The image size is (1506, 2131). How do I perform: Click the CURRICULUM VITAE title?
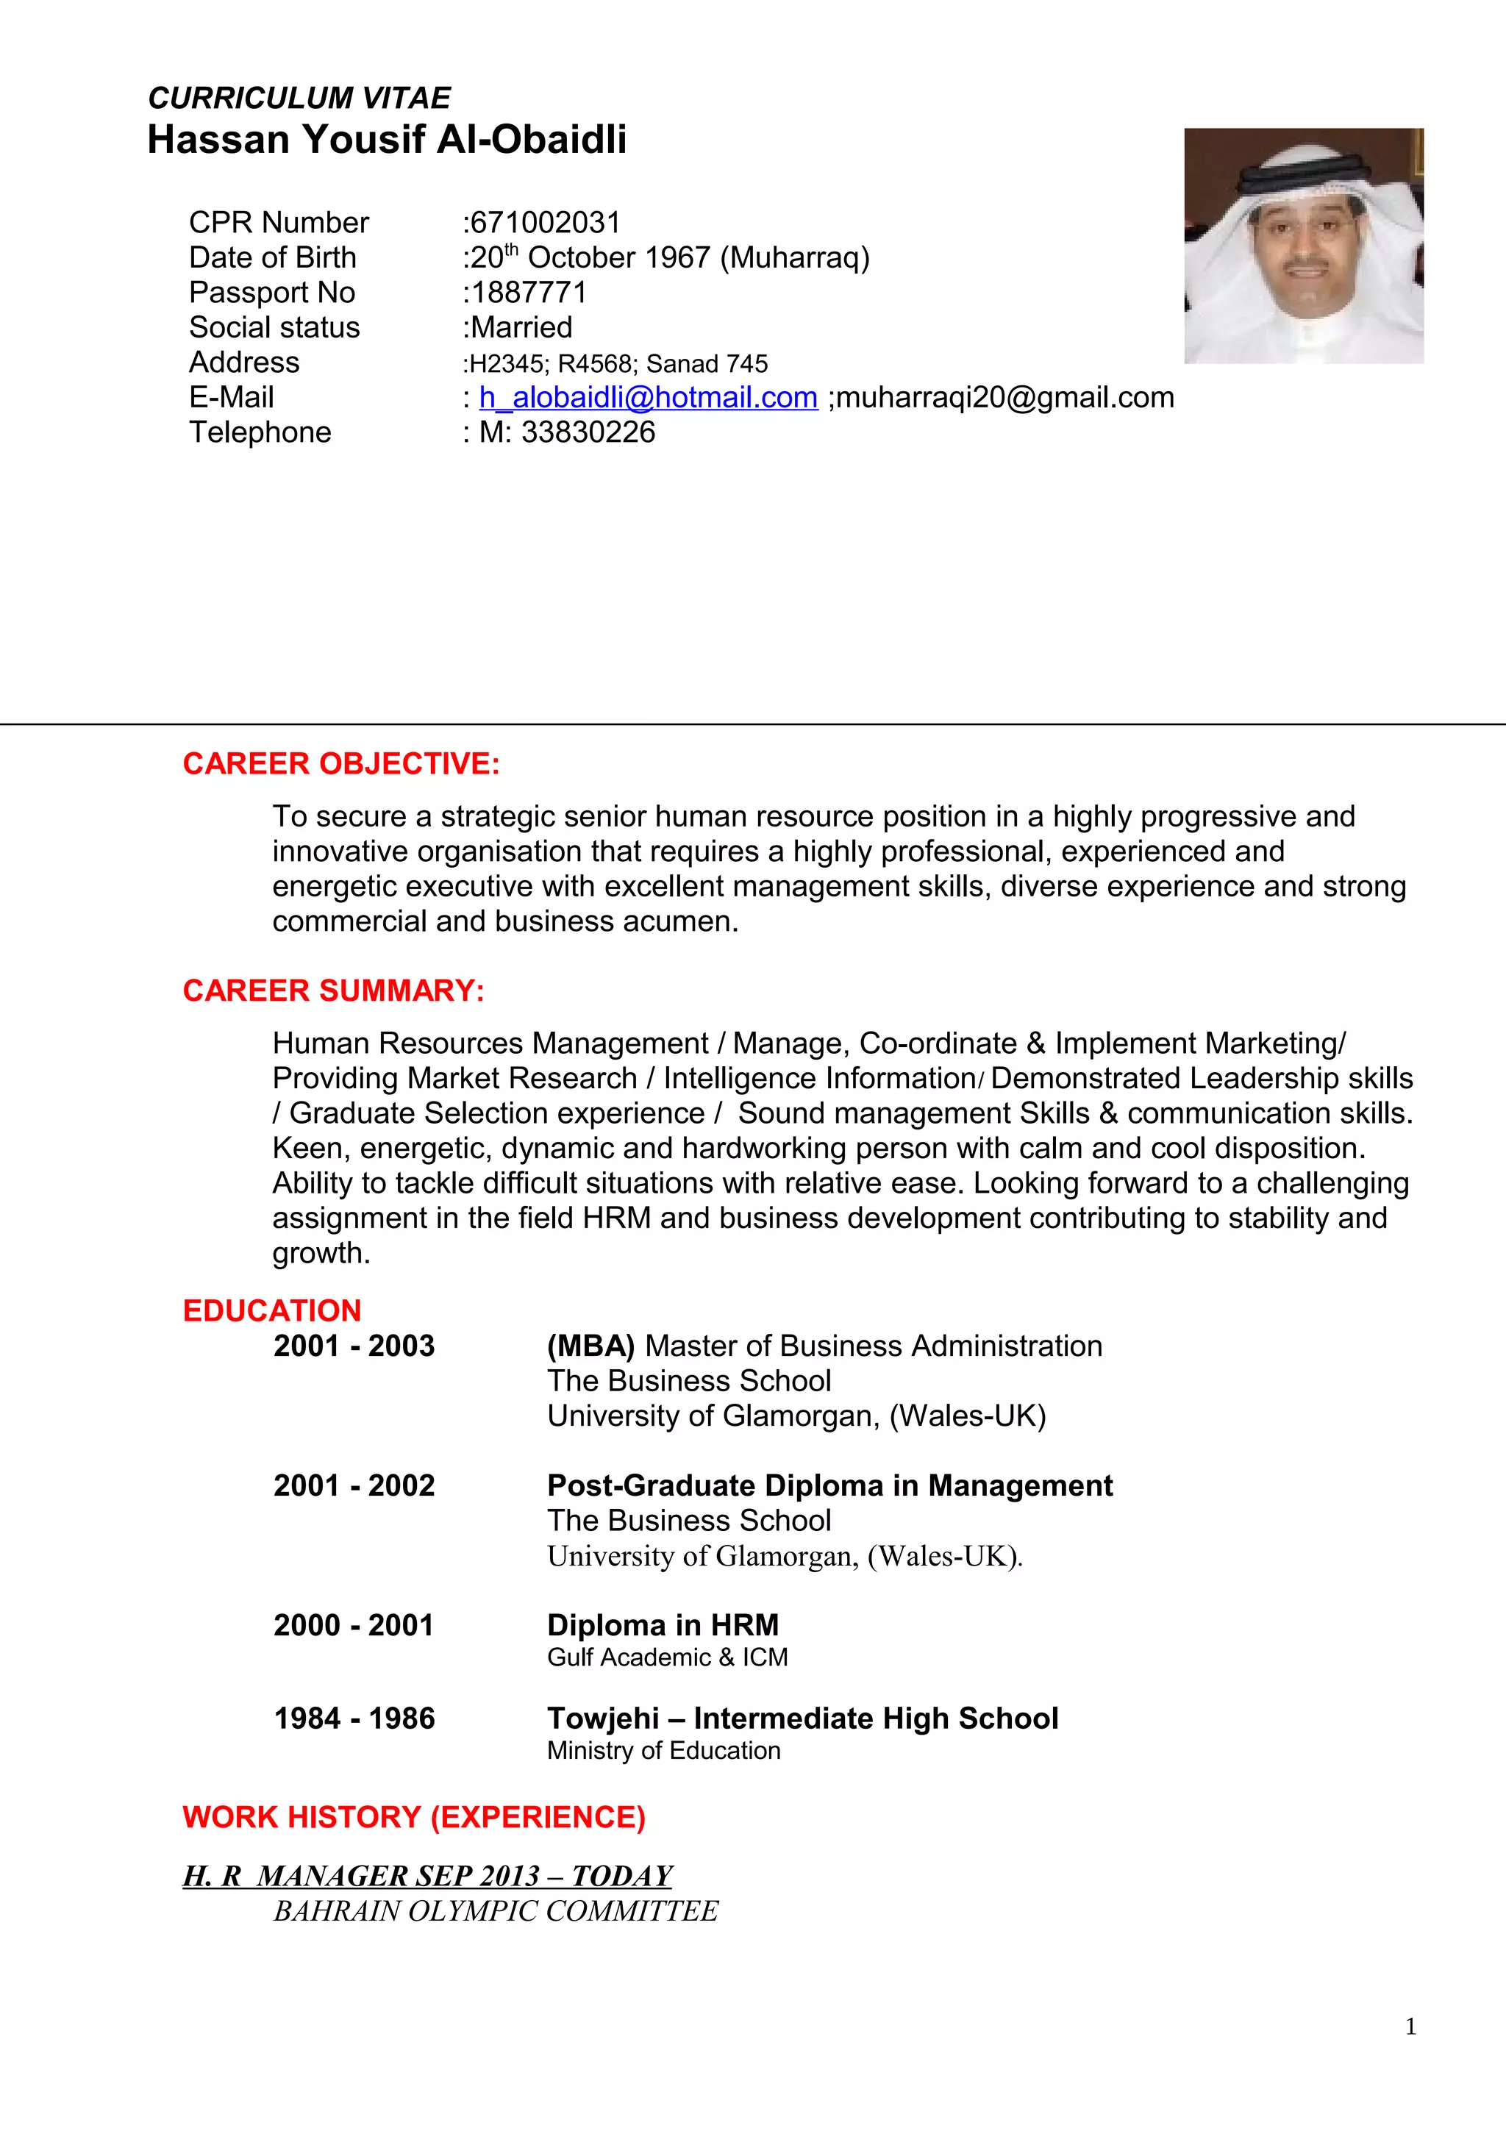pos(299,98)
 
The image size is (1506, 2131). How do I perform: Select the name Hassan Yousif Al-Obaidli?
pos(387,140)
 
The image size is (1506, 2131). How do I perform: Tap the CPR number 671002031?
pos(545,223)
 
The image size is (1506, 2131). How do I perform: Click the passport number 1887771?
pos(528,293)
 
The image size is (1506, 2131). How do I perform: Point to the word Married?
pos(521,328)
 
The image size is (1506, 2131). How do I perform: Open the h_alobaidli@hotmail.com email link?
pos(648,397)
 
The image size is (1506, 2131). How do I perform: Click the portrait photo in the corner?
pos(1303,246)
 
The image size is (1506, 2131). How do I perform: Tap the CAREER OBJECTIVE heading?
pos(340,764)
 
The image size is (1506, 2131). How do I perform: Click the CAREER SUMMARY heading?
pos(333,990)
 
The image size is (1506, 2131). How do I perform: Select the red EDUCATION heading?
pos(272,1310)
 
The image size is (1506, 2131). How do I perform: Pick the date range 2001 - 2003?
pos(354,1346)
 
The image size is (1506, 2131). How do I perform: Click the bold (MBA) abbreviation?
pos(590,1346)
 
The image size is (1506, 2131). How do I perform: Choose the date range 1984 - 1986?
pos(354,1718)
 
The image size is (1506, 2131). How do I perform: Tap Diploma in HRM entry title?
pos(663,1625)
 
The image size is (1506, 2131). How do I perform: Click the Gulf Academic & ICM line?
pos(666,1657)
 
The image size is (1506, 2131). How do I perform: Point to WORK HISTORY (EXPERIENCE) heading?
pos(414,1816)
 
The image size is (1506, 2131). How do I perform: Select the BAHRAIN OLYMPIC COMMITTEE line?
pos(496,1911)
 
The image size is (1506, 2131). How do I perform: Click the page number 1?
pos(1410,2026)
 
